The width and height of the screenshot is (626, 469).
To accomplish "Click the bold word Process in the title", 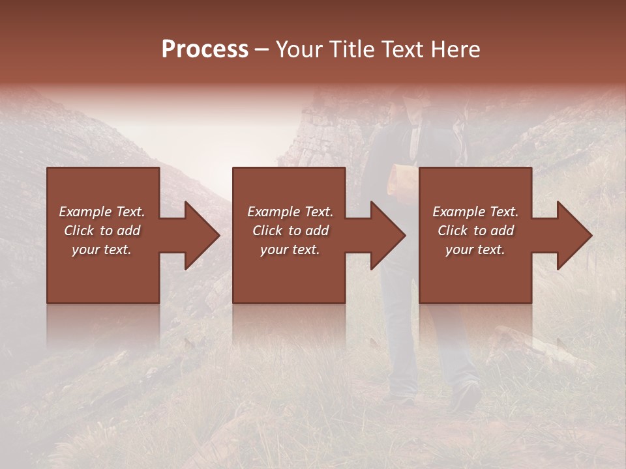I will [x=205, y=50].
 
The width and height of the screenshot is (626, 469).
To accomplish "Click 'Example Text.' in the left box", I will [x=102, y=212].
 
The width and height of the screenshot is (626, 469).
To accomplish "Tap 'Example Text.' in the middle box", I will [x=290, y=212].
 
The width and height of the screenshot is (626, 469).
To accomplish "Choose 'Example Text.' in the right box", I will [x=475, y=212].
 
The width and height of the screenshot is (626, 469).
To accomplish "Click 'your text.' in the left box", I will [x=102, y=249].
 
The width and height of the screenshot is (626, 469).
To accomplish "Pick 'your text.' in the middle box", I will [x=290, y=249].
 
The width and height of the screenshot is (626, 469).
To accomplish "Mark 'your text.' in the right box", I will [x=475, y=249].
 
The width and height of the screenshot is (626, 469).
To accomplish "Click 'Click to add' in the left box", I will [x=102, y=231].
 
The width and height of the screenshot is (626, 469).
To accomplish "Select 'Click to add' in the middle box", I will [x=290, y=231].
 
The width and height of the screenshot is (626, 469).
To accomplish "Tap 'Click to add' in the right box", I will [x=475, y=231].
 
